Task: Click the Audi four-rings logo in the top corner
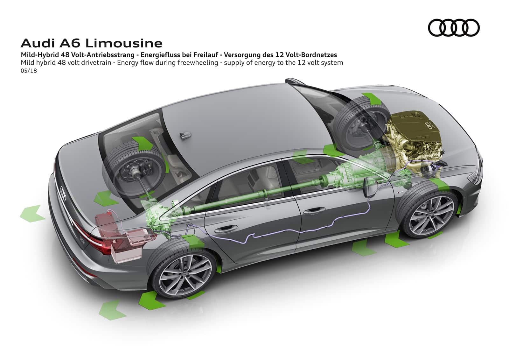(454, 28)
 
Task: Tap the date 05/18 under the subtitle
(29, 71)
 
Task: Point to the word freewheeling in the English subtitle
(198, 62)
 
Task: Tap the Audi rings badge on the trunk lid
(63, 194)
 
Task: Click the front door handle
(314, 211)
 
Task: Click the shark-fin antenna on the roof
(185, 135)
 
